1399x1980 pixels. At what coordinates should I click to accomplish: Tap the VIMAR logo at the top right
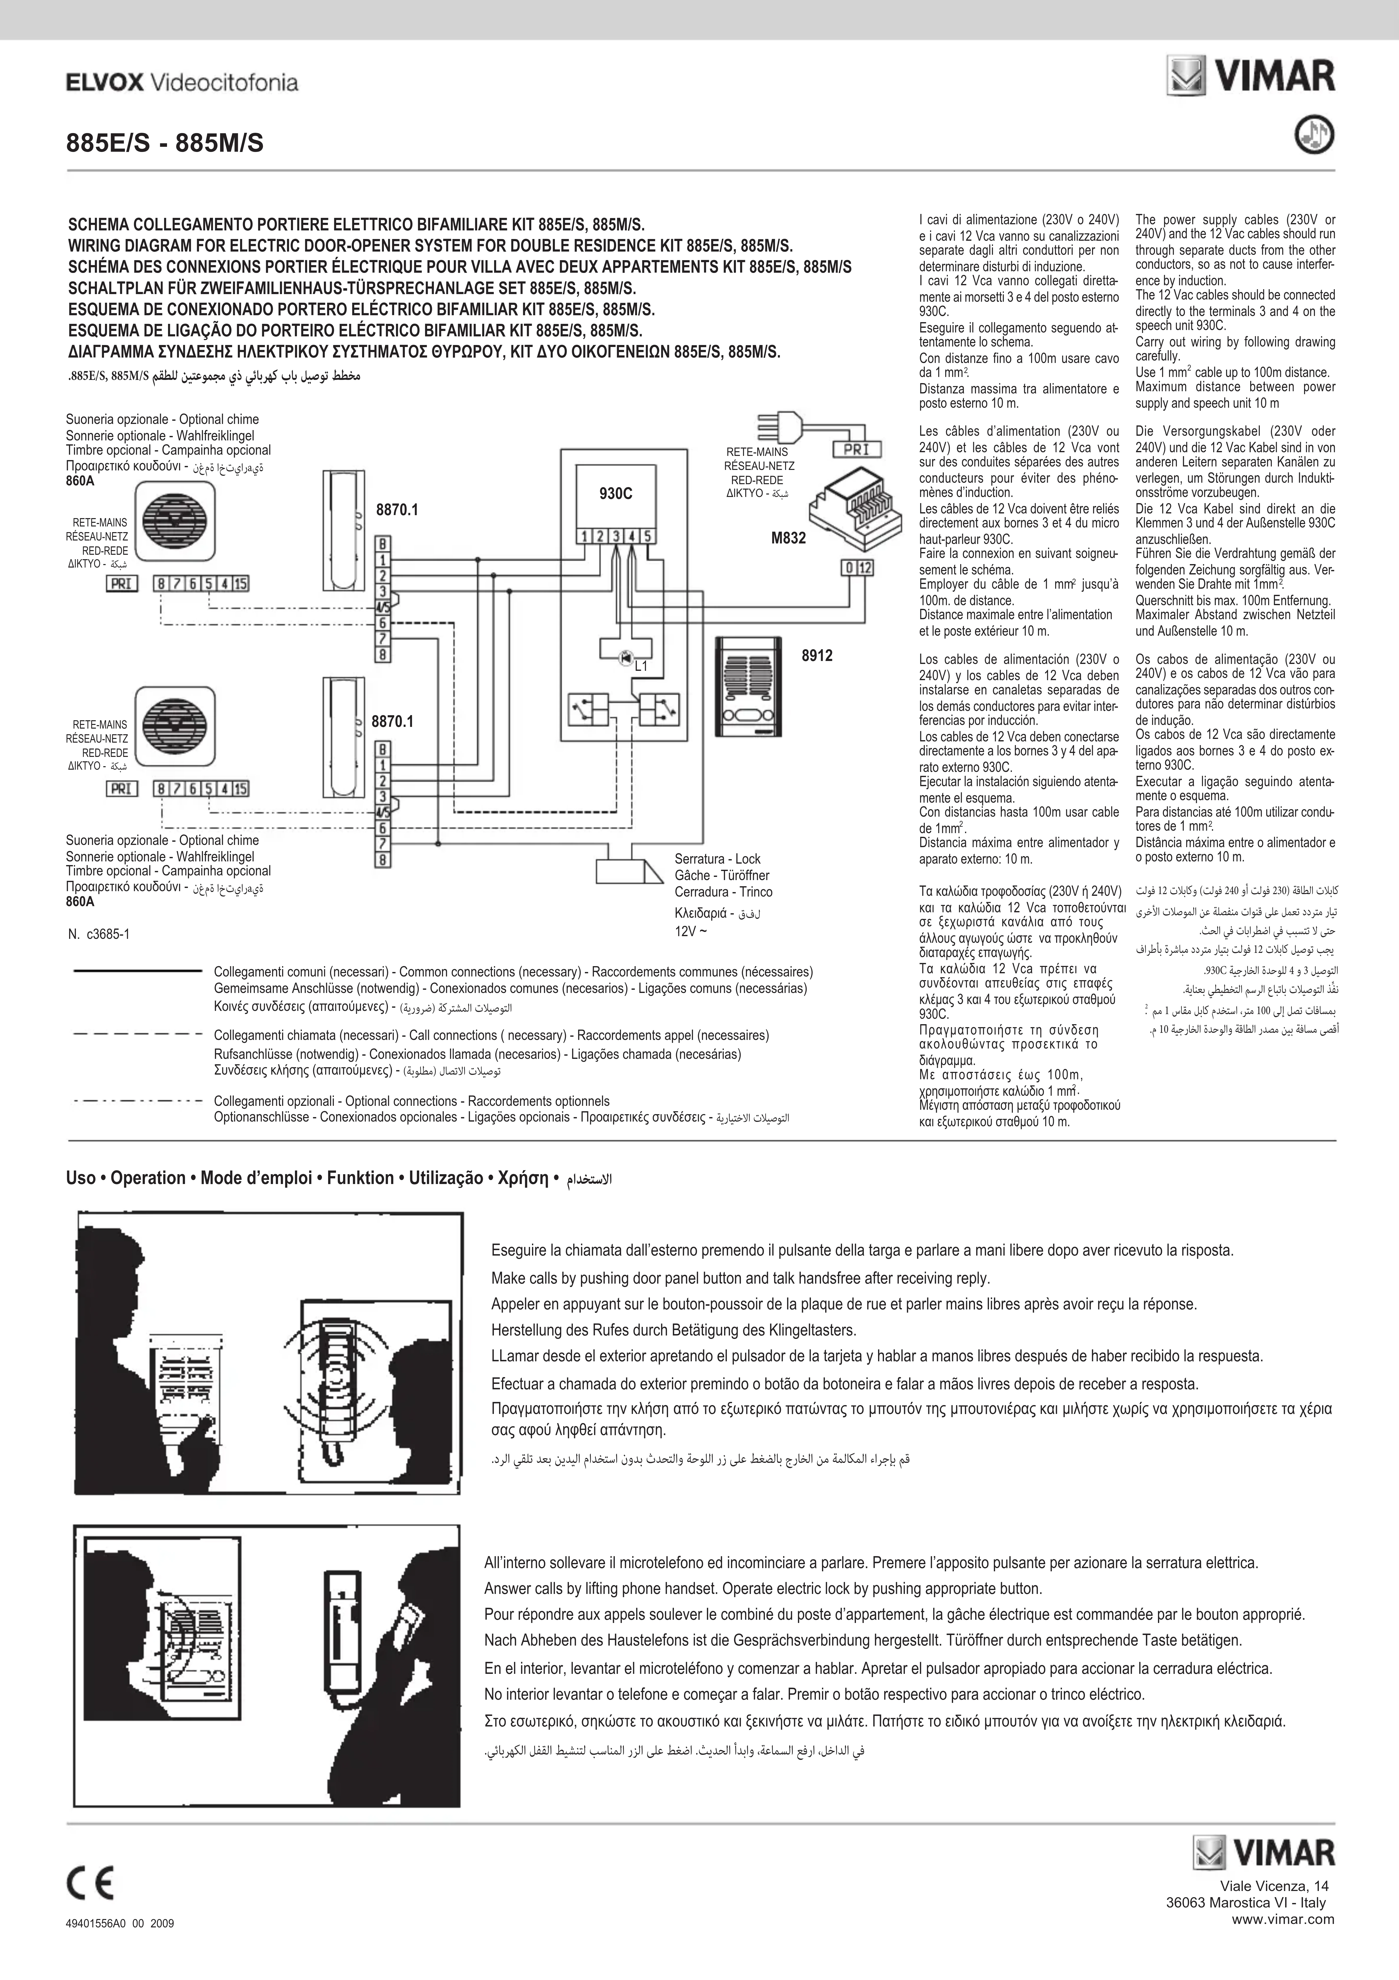coord(1251,75)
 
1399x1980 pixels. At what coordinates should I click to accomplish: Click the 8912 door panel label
coord(817,655)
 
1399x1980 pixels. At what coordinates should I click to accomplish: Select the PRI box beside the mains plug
coord(856,449)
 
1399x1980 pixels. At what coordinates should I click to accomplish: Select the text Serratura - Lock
coord(718,859)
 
